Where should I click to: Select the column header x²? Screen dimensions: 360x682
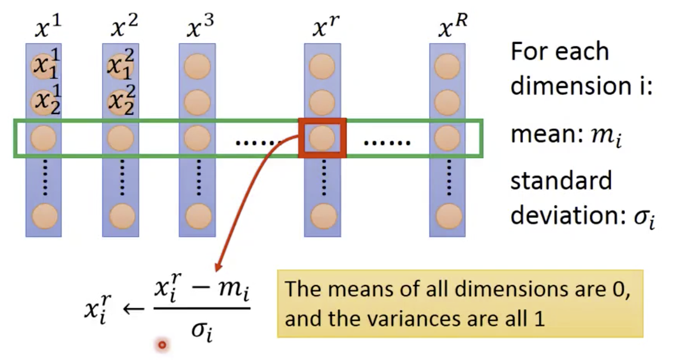click(x=123, y=25)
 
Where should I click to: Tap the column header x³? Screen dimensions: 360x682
click(x=200, y=27)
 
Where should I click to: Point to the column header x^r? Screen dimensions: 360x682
click(x=324, y=27)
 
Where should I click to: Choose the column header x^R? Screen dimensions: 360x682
click(x=452, y=26)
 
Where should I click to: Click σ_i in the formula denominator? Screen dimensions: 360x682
click(x=202, y=332)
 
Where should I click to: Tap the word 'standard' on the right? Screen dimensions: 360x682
click(x=560, y=182)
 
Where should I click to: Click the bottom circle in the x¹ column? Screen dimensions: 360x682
click(x=44, y=216)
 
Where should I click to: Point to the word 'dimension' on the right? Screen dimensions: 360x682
click(x=573, y=86)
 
